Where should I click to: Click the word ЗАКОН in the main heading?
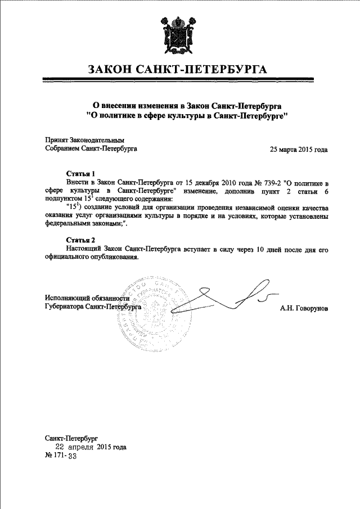(110, 70)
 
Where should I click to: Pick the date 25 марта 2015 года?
(299, 150)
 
